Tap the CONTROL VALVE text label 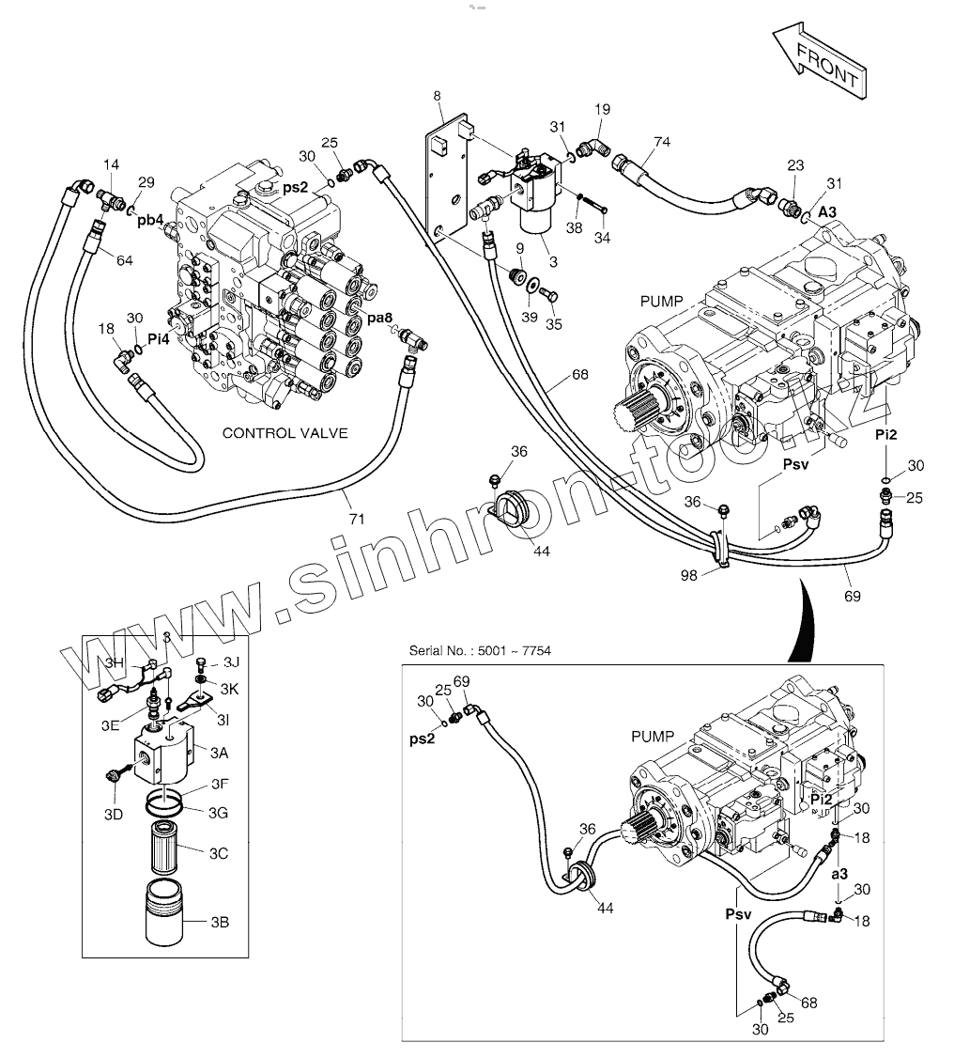(285, 433)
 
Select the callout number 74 (662, 142)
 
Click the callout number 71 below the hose (357, 519)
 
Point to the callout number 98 (688, 576)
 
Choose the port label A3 (827, 211)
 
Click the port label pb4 (150, 221)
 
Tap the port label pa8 (380, 318)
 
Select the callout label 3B (220, 923)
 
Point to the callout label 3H (115, 662)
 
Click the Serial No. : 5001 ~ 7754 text (480, 651)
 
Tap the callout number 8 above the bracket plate (437, 96)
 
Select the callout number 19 (603, 109)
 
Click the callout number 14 (111, 164)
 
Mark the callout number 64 (125, 260)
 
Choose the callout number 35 (553, 324)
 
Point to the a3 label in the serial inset (839, 874)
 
